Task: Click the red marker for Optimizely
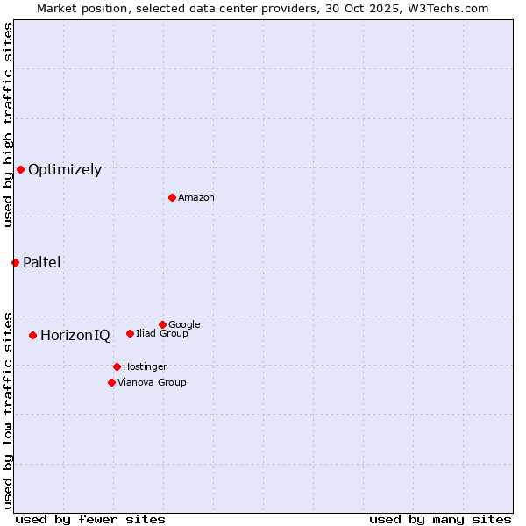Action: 20,169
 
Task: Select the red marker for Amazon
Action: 172,197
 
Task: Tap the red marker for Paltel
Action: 15,262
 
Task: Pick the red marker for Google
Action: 162,324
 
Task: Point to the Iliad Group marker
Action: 130,333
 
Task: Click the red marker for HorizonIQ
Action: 32,335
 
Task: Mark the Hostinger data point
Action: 117,366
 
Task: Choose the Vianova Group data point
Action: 111,382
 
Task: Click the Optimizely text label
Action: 65,170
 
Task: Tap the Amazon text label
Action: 196,197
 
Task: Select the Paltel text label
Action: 42,263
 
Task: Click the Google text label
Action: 184,324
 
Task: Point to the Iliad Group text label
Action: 162,333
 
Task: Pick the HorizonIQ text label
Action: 75,336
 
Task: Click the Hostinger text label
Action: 145,366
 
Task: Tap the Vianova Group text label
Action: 152,382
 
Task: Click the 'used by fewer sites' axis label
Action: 90,519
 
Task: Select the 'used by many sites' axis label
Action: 440,519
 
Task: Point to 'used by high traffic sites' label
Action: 8,124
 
